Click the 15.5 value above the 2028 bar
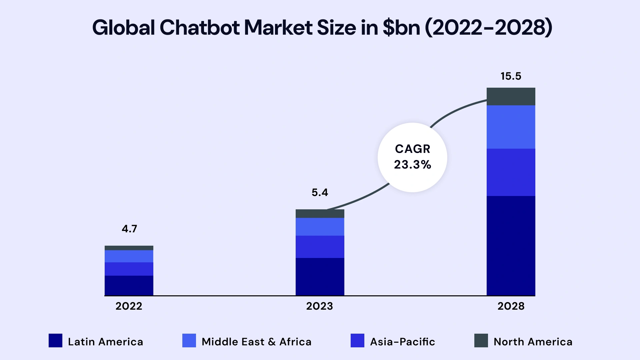(511, 76)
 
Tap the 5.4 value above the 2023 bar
(320, 193)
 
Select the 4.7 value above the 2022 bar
(129, 229)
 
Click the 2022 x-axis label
(129, 306)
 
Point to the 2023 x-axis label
(319, 306)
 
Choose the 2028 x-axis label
(511, 306)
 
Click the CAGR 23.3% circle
(412, 157)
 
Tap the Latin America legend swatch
(55, 341)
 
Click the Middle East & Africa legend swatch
(189, 341)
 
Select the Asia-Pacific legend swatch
(357, 341)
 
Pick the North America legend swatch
(481, 341)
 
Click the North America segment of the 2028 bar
(511, 96)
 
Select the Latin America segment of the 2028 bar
(511, 245)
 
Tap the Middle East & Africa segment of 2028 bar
(511, 127)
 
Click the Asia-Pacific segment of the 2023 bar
(320, 247)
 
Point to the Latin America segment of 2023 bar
(320, 276)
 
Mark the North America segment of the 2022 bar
(129, 248)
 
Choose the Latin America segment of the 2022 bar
(129, 285)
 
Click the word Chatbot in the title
(199, 28)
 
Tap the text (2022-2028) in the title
(488, 28)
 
